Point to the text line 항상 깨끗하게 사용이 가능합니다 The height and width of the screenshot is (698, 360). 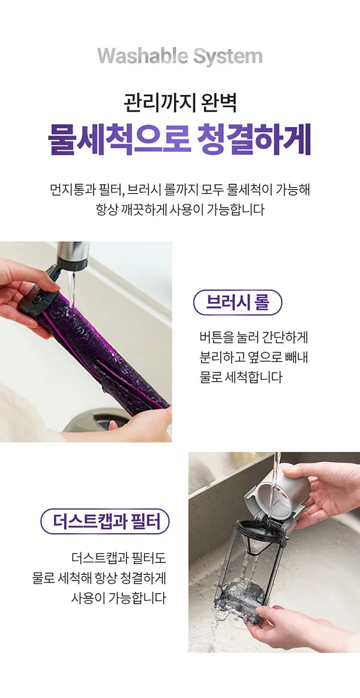pyautogui.click(x=180, y=211)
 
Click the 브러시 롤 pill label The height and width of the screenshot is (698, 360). pyautogui.click(x=238, y=302)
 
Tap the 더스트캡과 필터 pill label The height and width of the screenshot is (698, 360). pyautogui.click(x=105, y=521)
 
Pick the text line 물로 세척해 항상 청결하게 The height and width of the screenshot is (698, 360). pyautogui.click(x=99, y=579)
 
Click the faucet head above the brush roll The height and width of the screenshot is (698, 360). pyautogui.click(x=72, y=255)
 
